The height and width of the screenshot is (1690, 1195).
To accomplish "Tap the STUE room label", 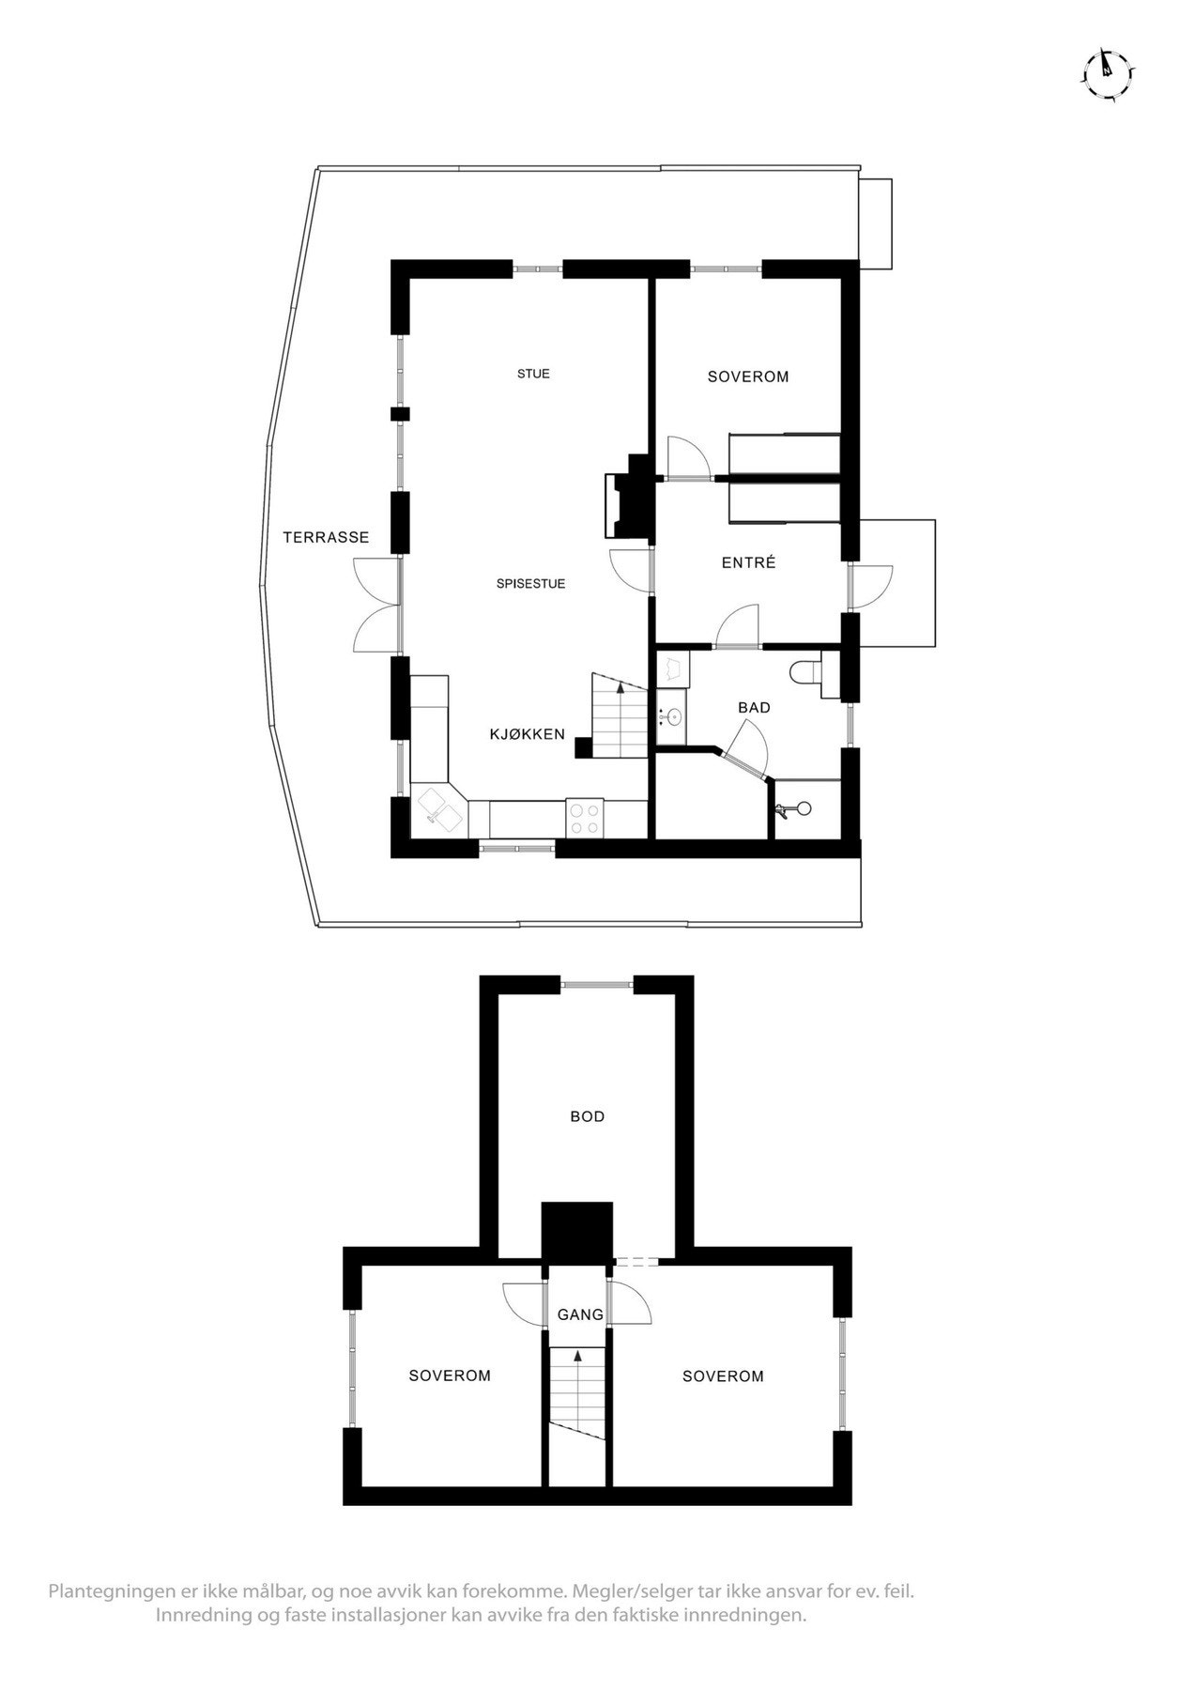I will tap(533, 374).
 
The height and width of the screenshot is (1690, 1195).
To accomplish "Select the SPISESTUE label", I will tap(530, 584).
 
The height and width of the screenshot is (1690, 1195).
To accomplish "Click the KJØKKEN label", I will tap(528, 734).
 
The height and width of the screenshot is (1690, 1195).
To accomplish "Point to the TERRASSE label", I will tap(326, 538).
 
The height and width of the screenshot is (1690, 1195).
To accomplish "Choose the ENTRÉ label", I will tap(748, 563).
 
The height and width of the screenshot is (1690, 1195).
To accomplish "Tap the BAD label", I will tap(754, 707).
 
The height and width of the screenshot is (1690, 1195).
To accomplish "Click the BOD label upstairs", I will tap(588, 1116).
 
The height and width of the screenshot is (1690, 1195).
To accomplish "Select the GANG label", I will tap(580, 1314).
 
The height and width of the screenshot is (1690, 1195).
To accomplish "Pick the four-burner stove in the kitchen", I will tap(586, 816).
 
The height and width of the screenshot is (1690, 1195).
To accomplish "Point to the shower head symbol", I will tap(801, 807).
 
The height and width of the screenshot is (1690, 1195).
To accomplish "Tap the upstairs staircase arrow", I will tap(577, 1357).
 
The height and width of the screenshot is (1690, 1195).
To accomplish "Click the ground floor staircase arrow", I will tap(619, 687).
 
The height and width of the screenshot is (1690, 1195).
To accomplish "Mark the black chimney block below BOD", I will tap(577, 1232).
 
